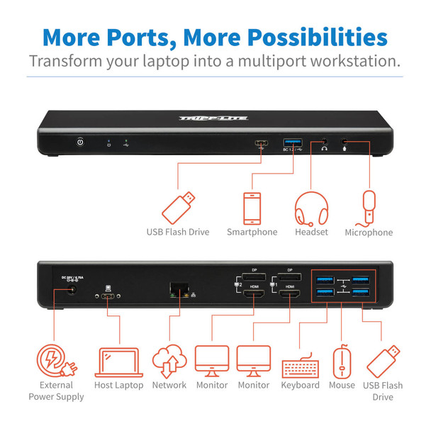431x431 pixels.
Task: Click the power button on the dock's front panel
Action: (x=79, y=142)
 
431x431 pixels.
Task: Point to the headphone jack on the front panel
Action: (x=324, y=143)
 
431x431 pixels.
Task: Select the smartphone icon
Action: (x=252, y=206)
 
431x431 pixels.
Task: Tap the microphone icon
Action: (x=368, y=206)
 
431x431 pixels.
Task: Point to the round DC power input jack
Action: (x=71, y=291)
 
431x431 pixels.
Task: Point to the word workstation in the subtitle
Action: (x=346, y=61)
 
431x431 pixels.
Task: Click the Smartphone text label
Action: (x=252, y=232)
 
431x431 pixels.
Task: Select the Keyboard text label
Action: (x=301, y=385)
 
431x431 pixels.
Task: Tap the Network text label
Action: (x=169, y=385)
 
